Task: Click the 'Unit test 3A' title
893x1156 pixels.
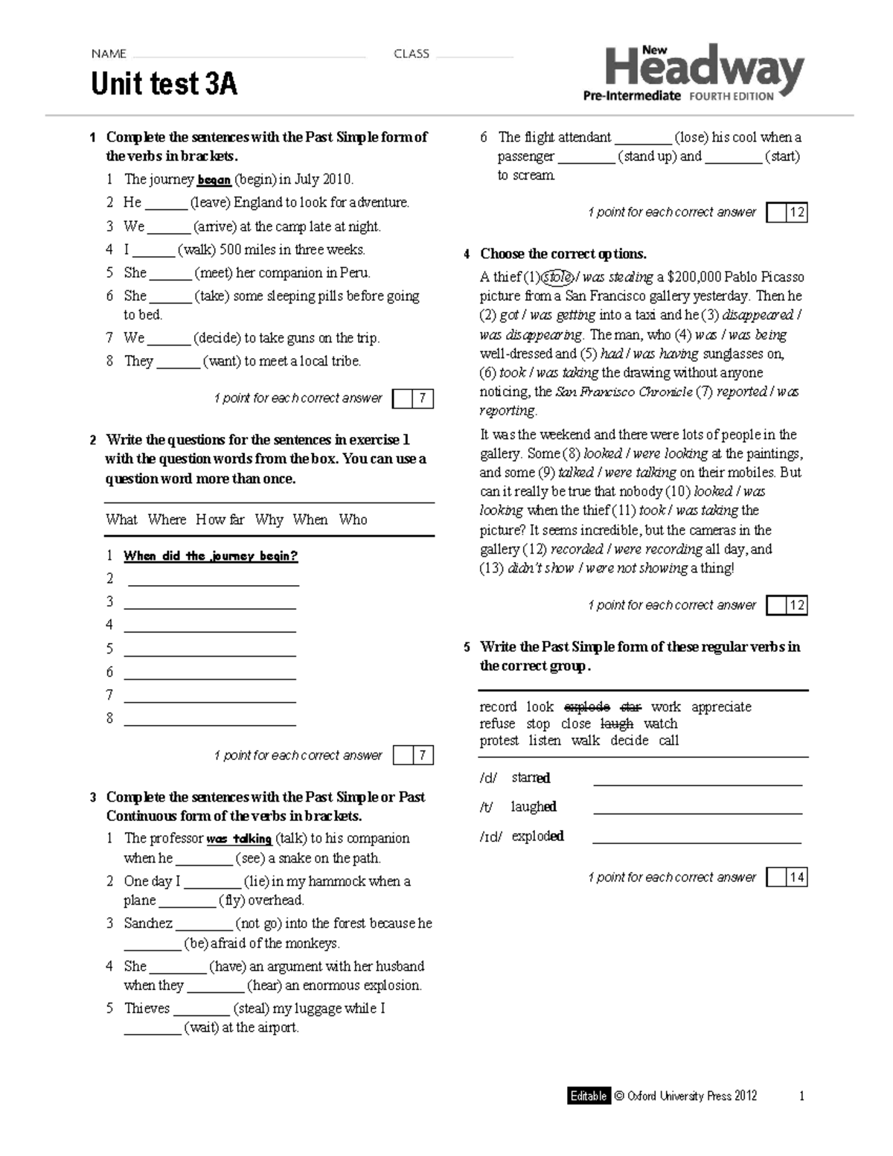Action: (x=164, y=84)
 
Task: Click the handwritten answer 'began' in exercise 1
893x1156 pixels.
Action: (x=214, y=180)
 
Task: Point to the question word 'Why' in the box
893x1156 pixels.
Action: (x=269, y=520)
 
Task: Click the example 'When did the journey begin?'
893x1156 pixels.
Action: (x=211, y=556)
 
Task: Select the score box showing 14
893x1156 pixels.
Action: (x=796, y=878)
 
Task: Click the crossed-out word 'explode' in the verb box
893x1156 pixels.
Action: (x=587, y=706)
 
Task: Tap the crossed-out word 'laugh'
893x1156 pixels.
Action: (x=616, y=724)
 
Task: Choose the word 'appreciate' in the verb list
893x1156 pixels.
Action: (x=721, y=706)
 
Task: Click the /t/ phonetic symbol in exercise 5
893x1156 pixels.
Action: (x=487, y=807)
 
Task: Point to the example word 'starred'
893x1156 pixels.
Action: (x=531, y=778)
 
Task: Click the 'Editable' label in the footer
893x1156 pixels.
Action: (x=588, y=1096)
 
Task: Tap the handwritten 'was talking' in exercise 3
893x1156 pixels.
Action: (x=239, y=839)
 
